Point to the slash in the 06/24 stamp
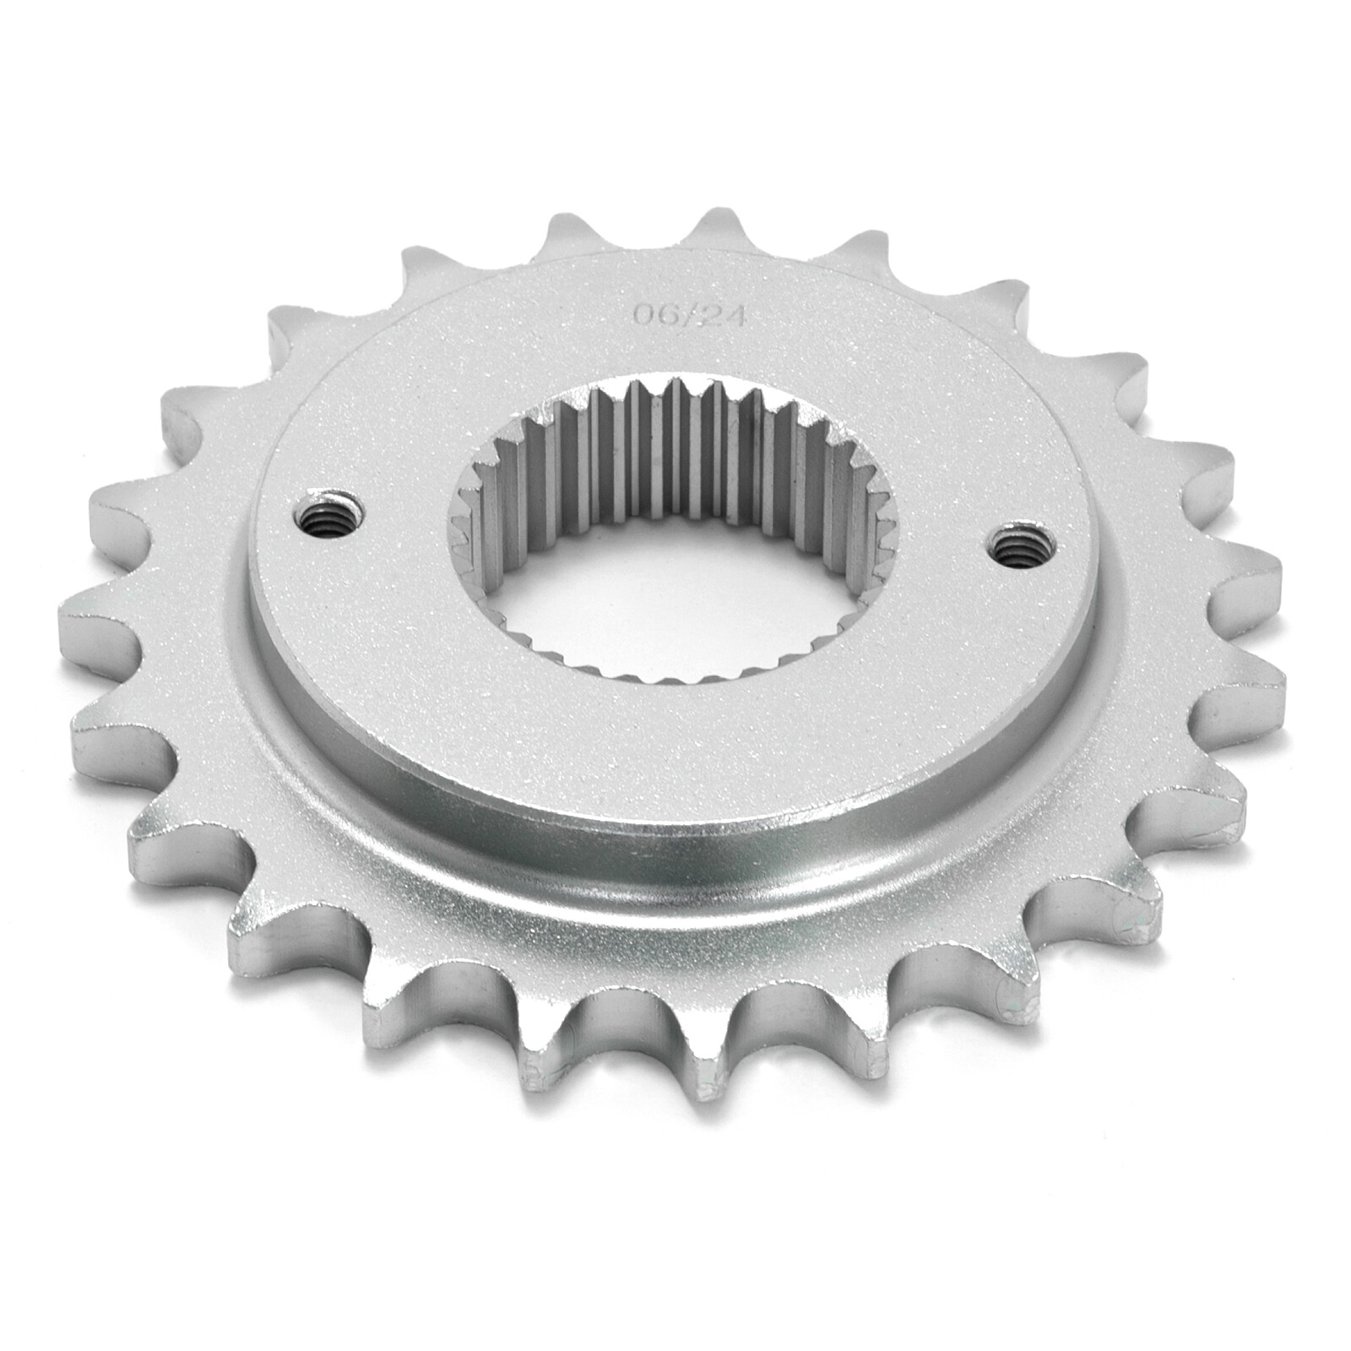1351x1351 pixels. click(685, 315)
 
